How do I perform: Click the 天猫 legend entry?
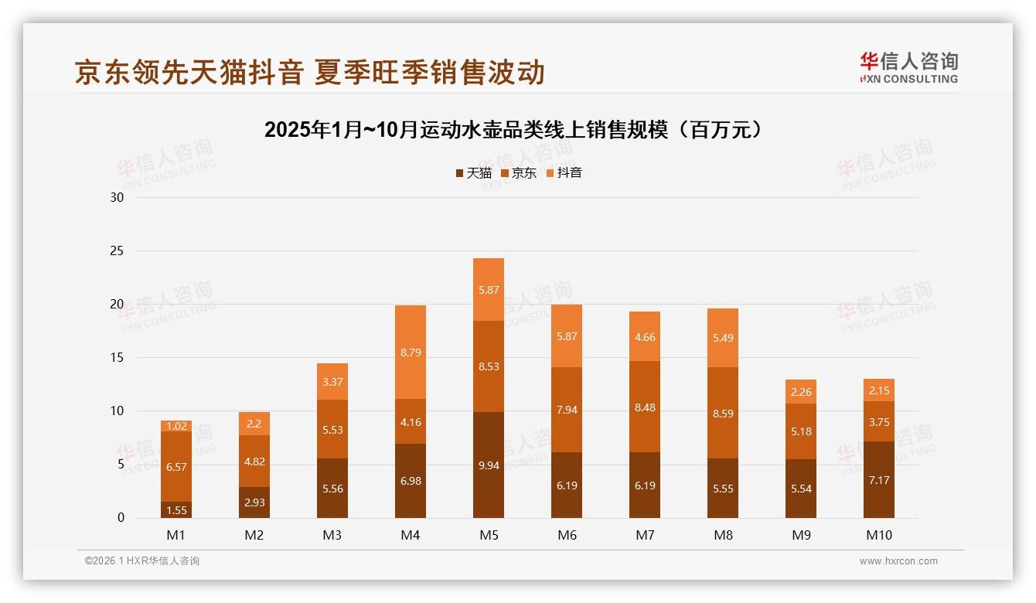point(473,173)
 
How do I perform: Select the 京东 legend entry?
point(518,173)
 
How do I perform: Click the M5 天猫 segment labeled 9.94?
point(489,465)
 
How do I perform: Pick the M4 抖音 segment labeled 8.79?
point(411,353)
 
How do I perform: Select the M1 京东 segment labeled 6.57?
point(176,467)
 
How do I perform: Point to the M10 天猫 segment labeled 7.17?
point(879,480)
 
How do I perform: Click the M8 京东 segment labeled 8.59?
point(723,413)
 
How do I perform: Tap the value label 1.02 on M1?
point(176,426)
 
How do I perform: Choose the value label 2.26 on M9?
point(801,391)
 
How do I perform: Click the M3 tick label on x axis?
point(332,535)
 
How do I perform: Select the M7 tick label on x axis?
point(645,535)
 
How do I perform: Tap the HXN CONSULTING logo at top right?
point(908,68)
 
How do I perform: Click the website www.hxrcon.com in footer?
point(898,561)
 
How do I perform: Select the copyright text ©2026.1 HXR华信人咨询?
point(141,561)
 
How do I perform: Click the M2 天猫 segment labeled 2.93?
point(254,502)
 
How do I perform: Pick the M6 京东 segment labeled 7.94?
point(567,410)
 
